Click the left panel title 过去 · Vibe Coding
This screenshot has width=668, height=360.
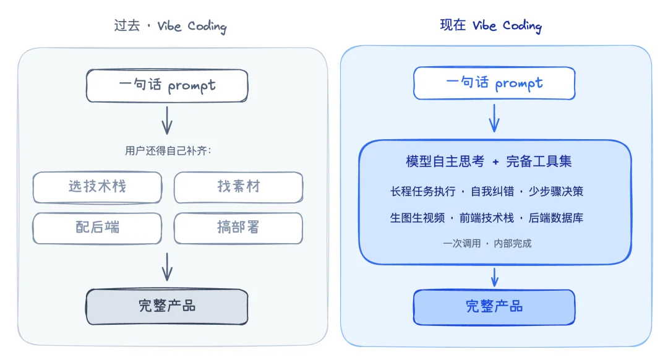pos(170,26)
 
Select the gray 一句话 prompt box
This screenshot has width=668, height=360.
pos(167,85)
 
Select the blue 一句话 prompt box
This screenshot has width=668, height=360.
pos(494,84)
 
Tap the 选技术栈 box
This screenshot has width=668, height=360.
pos(97,187)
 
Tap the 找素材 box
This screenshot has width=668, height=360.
pos(239,187)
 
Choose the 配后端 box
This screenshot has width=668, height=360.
pos(97,228)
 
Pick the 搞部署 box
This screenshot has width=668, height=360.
pos(239,228)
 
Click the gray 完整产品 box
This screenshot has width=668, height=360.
pos(167,306)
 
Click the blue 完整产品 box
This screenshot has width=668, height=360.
pos(494,307)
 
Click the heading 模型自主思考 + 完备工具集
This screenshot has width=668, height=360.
pos(489,162)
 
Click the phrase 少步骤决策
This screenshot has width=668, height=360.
pos(555,191)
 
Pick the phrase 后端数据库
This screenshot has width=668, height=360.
pos(555,218)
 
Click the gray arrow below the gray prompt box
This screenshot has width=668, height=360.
pos(167,120)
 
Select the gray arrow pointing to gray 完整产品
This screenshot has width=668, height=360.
pos(167,267)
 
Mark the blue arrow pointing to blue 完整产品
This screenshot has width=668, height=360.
pos(494,276)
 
